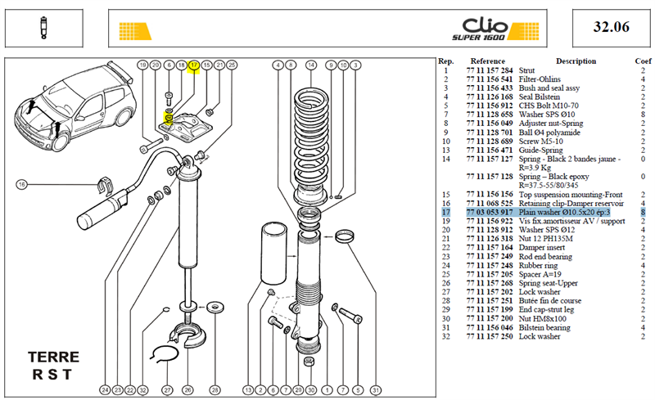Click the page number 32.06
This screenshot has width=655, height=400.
611,27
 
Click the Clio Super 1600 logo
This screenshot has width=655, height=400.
495,29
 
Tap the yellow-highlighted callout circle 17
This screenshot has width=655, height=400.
193,65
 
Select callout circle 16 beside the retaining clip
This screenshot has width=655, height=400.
22,184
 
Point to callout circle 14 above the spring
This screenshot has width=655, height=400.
311,65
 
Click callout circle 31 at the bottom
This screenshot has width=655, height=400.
376,390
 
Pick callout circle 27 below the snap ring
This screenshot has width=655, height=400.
167,390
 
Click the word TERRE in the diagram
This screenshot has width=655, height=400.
53,357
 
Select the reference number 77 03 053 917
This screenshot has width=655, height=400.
489,212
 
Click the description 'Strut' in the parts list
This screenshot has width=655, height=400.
526,70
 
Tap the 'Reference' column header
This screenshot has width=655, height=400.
487,61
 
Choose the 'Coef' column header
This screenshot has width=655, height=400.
643,61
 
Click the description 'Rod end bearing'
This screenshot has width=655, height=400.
545,256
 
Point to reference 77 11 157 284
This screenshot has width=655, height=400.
489,70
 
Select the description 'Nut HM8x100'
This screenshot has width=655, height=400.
542,318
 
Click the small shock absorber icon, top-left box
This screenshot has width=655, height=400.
43,28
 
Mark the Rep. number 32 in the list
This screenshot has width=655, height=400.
445,336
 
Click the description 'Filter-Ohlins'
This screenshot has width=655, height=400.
540,79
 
